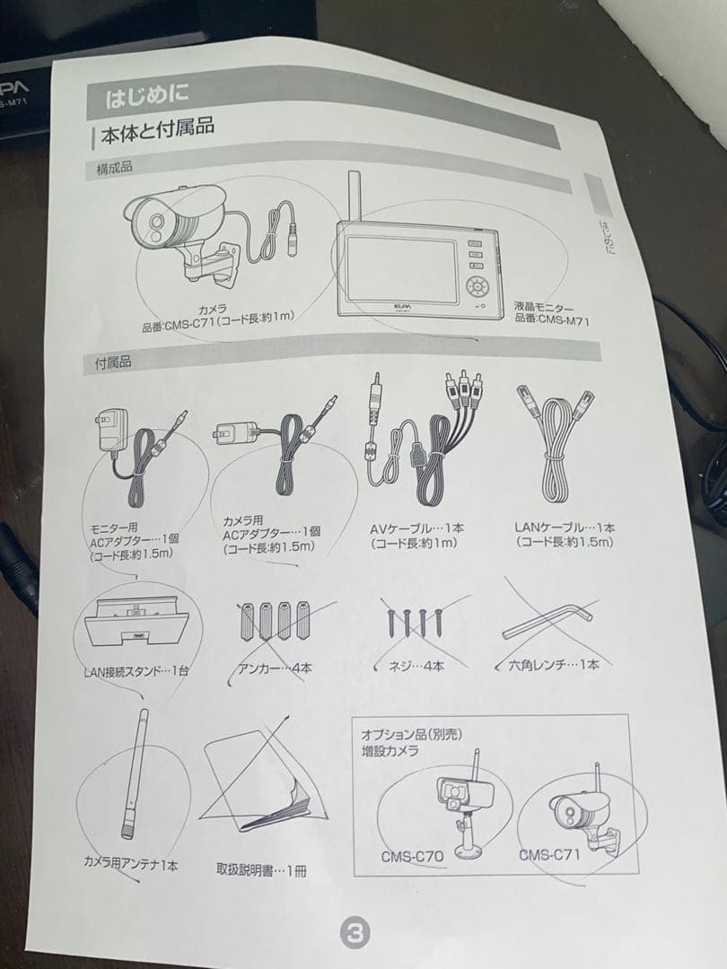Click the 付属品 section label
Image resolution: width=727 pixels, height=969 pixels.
point(114,362)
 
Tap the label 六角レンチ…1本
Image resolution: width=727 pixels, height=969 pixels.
point(547,665)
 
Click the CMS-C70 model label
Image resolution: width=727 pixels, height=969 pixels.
point(412,856)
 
